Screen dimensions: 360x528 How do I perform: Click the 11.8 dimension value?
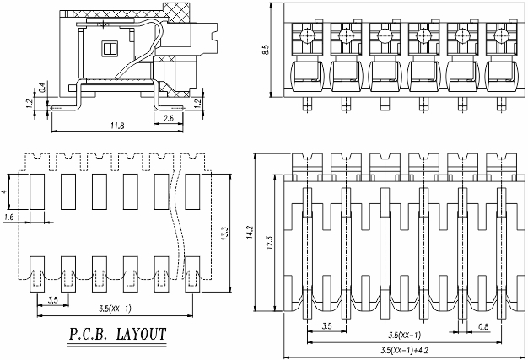click(x=118, y=126)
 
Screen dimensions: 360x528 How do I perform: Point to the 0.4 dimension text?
click(x=42, y=87)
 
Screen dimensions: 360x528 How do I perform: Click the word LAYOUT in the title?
click(x=135, y=335)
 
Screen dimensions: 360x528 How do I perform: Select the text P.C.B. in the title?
click(x=85, y=335)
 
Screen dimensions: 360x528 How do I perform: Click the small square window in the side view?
click(x=107, y=47)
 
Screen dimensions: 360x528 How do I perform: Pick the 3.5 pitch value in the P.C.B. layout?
click(x=52, y=299)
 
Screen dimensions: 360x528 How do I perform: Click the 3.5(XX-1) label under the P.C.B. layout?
click(x=111, y=309)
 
